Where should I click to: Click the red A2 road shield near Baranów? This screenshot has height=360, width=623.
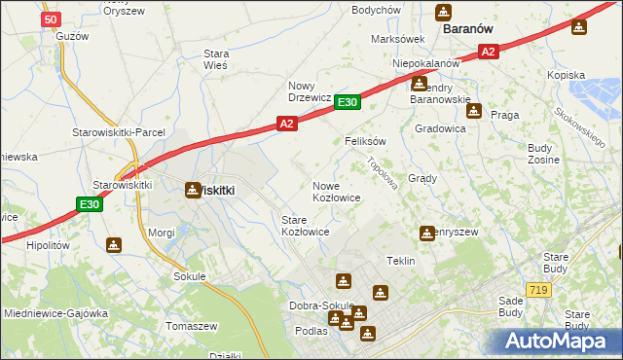coord(489,52)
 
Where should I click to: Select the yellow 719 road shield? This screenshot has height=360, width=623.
coord(537,290)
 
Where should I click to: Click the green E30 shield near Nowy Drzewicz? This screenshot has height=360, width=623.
coord(348,101)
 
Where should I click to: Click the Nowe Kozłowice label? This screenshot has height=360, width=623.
coord(337,191)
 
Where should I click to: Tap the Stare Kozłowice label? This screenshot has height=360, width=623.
coord(305,226)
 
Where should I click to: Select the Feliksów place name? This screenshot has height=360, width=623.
coord(366,141)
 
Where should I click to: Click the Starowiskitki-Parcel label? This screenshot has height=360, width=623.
coord(119,132)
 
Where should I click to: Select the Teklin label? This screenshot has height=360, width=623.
coord(401,261)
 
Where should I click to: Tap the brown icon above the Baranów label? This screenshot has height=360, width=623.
coord(444,12)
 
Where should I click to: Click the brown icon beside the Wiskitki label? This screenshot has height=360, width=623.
coord(191,191)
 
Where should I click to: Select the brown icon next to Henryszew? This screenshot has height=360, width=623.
coord(426,234)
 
